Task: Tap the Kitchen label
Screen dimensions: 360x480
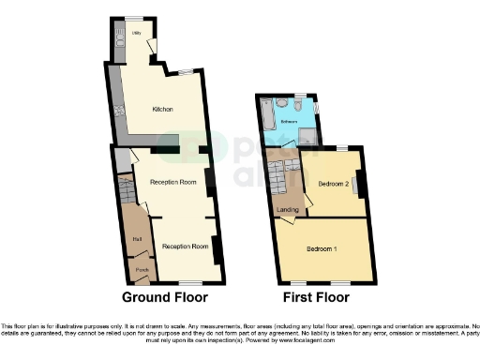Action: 163,109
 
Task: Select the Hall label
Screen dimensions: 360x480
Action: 137,240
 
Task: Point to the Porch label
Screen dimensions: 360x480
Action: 141,270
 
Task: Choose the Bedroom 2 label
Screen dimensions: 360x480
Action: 334,183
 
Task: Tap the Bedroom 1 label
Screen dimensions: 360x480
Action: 322,248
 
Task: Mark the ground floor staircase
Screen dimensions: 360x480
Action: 127,197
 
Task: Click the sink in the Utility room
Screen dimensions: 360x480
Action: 118,37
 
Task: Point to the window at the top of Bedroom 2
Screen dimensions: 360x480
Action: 342,147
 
